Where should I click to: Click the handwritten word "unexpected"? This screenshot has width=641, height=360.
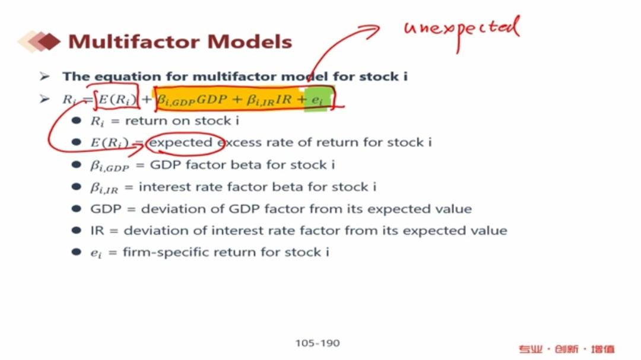(x=462, y=31)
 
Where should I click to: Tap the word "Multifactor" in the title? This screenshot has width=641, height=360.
(x=135, y=42)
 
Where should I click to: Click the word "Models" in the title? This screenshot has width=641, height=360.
(x=250, y=42)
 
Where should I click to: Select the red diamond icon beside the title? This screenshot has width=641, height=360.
(x=49, y=42)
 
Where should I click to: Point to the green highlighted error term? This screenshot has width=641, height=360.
(x=316, y=100)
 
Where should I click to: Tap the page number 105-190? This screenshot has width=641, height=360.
(x=318, y=343)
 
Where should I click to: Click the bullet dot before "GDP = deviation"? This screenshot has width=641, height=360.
(x=76, y=208)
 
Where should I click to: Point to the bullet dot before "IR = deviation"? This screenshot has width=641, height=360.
(x=76, y=230)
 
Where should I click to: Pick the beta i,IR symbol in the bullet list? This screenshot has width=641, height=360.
(x=104, y=187)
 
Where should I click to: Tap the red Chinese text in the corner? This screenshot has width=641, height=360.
(x=567, y=349)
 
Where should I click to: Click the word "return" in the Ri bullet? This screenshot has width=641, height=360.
(x=145, y=121)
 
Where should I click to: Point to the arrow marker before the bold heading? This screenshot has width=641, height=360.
(x=45, y=77)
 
